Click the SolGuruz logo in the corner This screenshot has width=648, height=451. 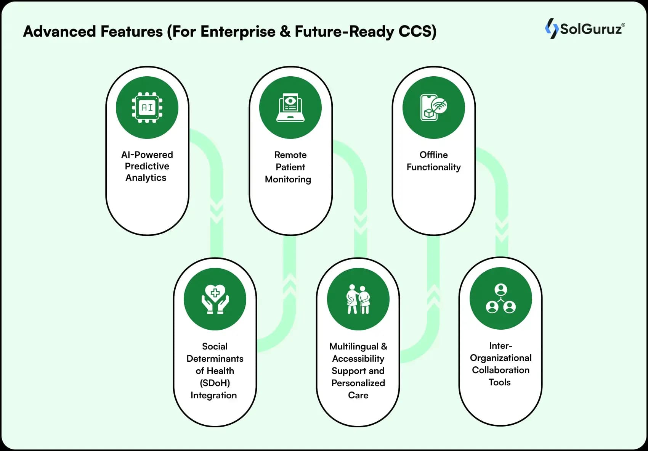(585, 29)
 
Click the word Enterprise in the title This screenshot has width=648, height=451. (237, 32)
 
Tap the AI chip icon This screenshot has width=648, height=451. (147, 108)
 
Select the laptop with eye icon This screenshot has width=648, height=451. (290, 108)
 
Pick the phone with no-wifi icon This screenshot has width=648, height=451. (433, 108)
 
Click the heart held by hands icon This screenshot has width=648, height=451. (215, 300)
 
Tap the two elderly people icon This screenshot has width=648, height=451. (358, 300)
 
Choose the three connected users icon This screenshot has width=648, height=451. (500, 299)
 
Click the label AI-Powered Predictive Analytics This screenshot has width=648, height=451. (147, 166)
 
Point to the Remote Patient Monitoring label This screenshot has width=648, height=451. (290, 167)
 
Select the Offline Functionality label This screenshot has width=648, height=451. (433, 161)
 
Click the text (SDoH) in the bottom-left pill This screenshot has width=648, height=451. (215, 383)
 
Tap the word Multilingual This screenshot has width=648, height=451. (354, 346)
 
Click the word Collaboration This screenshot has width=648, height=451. (500, 370)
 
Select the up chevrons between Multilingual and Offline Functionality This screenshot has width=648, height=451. (433, 296)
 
